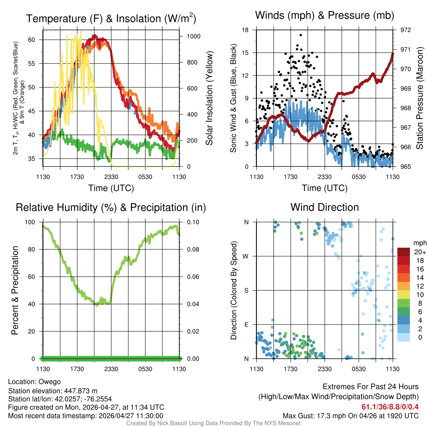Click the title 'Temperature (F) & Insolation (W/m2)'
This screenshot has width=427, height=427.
(x=111, y=19)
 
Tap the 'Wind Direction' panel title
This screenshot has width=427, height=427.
(x=324, y=207)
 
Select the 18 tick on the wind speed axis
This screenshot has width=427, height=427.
(x=246, y=30)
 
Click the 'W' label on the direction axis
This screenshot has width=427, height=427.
(x=246, y=256)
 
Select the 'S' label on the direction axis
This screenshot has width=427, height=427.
(x=246, y=290)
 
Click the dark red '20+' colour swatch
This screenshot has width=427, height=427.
(x=404, y=252)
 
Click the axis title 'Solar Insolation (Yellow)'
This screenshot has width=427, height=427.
(x=209, y=98)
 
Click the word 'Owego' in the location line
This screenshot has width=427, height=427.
(x=50, y=382)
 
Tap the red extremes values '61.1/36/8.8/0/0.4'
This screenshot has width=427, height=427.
(x=390, y=407)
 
